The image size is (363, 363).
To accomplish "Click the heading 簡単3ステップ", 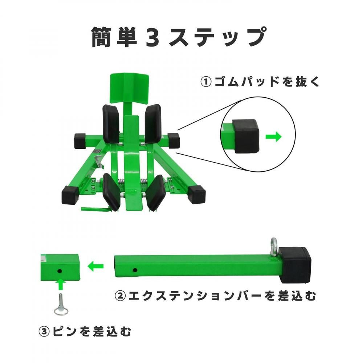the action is click(179, 37).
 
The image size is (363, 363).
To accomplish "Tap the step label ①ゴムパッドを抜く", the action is click(260, 82).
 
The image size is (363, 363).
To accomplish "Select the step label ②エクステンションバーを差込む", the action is click(215, 296).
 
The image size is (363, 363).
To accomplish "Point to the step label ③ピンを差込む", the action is click(85, 331).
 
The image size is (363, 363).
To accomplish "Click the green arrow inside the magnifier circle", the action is click(273, 136).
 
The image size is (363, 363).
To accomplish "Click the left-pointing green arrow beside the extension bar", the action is click(95, 266).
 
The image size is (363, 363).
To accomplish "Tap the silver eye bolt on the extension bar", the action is click(274, 247).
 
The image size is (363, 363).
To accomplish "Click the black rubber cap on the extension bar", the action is click(295, 265).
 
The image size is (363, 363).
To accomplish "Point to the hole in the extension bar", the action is click(135, 270).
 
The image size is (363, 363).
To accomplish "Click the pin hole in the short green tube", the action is click(60, 271).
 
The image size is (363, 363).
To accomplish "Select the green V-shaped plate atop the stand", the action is click(129, 89).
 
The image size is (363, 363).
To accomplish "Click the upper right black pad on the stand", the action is click(153, 124).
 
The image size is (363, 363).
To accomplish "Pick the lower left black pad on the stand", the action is click(111, 192).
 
